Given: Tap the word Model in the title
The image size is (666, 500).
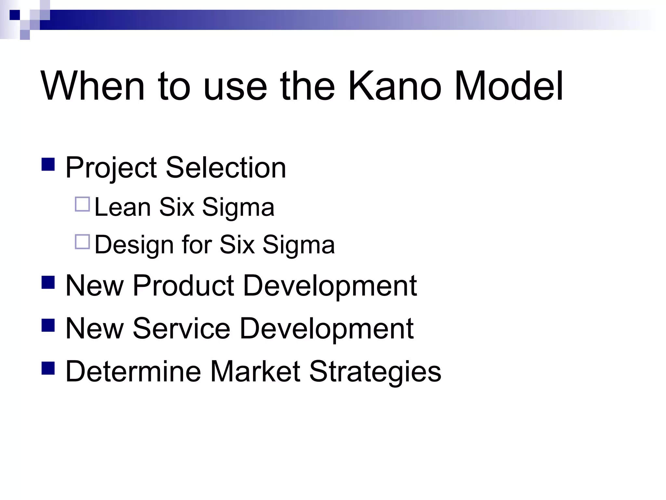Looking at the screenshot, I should point(509,86).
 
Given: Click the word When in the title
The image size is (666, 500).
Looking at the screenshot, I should point(92,86).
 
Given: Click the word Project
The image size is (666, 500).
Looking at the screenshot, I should point(111,168).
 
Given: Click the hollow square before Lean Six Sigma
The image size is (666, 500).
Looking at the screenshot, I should point(82,204).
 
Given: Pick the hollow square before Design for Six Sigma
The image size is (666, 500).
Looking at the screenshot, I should point(82,242).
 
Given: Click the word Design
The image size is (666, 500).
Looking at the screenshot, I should point(134,245).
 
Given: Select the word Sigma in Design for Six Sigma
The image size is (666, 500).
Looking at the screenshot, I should point(298,245).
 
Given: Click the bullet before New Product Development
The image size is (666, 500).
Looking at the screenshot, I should point(48,282).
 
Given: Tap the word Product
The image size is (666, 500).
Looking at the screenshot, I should point(183,285).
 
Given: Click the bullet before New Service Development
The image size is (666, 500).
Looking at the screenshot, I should point(48,325).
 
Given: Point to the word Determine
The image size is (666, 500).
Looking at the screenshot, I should point(133,371).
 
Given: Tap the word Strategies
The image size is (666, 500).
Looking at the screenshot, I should point(375,372).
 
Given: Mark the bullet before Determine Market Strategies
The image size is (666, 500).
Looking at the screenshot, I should point(48,368).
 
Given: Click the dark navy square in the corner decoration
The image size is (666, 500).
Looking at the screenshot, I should point(15,15).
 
